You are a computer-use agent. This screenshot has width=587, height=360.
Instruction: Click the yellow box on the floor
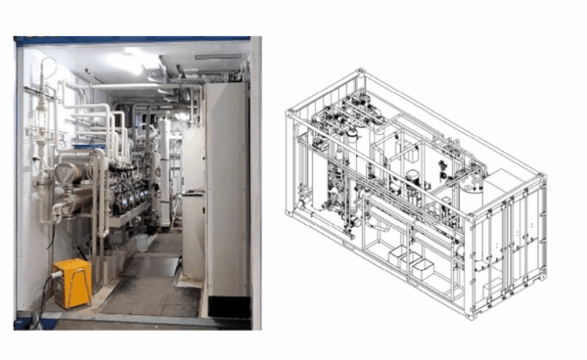pyautogui.click(x=72, y=281)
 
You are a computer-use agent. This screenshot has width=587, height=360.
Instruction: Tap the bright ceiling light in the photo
pyautogui.click(x=128, y=62)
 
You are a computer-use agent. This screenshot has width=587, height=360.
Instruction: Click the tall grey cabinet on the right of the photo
pyautogui.click(x=226, y=186)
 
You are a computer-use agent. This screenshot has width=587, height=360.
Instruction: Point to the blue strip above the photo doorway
pyautogui.click(x=132, y=40)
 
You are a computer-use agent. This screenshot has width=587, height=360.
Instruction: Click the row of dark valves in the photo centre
pyautogui.click(x=127, y=195)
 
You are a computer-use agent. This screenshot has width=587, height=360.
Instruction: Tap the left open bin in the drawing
pyautogui.click(x=399, y=257)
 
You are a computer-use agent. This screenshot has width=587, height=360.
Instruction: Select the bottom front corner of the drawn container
pyautogui.click(x=473, y=315)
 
